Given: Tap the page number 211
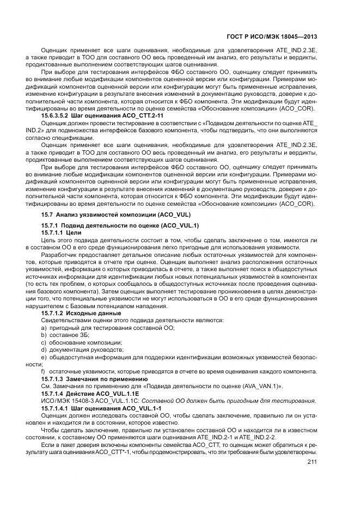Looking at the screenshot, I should coord(312,462).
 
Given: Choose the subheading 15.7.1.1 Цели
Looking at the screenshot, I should coord(62,232).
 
